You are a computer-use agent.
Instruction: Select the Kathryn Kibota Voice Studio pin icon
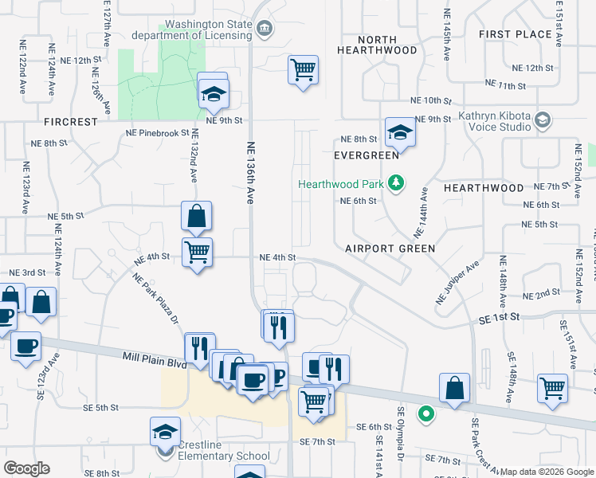pos(543,119)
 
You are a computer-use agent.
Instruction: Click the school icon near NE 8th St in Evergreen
pos(400,133)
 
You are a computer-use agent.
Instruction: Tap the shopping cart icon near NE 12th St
pos(303,70)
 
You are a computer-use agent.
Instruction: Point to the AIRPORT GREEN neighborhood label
pos(390,249)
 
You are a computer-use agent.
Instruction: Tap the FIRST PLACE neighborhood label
pos(516,34)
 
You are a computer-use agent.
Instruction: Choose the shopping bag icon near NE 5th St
pos(196,215)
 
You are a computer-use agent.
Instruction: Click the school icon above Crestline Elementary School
pos(165,432)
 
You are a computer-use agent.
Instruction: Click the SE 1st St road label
pos(499,316)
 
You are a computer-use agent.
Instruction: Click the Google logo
pos(26,468)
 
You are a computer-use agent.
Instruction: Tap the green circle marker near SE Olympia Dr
pos(427,413)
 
